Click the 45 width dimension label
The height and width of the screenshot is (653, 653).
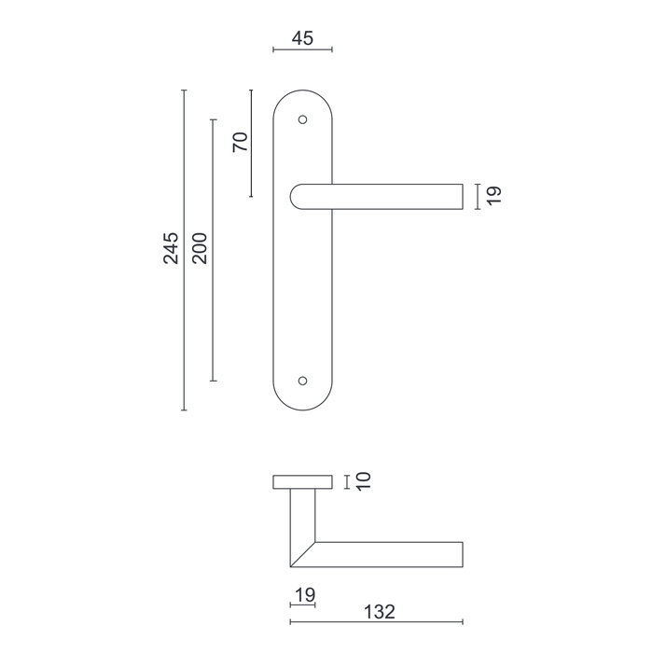[302, 38]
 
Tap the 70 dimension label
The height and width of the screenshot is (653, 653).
[239, 143]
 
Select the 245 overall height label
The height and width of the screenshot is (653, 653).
[171, 249]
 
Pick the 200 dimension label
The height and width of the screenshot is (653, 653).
[200, 247]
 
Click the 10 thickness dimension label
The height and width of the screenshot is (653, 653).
[364, 481]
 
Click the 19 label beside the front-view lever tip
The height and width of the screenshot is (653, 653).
[493, 195]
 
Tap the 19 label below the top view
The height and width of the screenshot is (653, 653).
[303, 594]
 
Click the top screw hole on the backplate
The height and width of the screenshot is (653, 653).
[301, 119]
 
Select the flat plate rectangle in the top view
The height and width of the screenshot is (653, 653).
[302, 482]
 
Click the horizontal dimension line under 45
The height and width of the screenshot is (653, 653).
[302, 50]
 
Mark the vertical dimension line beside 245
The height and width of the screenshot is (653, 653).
[185, 280]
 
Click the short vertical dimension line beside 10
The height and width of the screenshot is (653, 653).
[348, 481]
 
